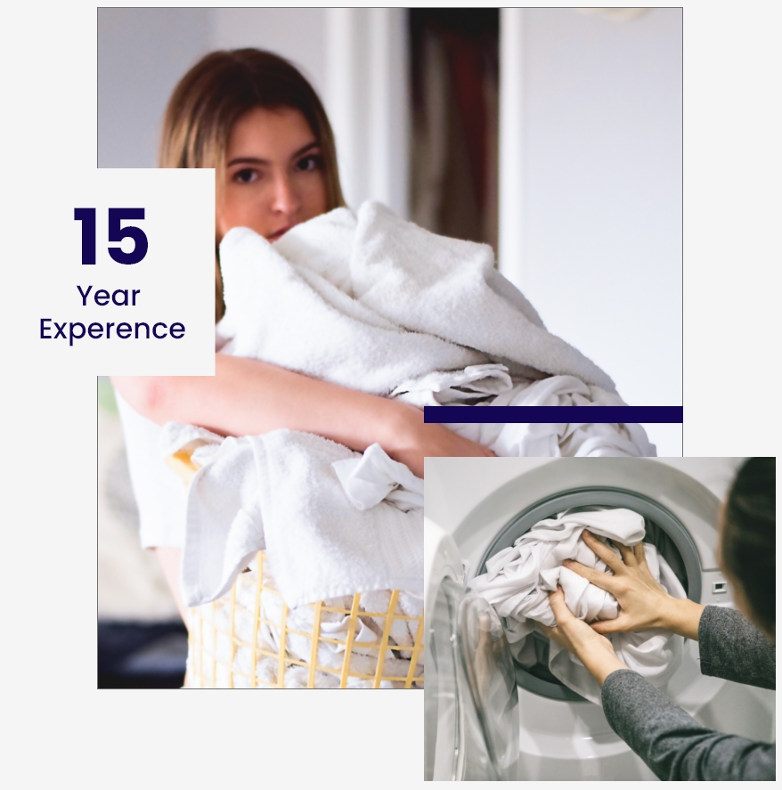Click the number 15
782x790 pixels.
pos(110,236)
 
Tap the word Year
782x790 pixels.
pos(109,296)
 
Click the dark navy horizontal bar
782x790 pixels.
pos(553,415)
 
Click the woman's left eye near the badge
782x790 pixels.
pos(246,175)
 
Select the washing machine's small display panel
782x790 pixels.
pos(720,586)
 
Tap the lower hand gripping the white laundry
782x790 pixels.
pos(580,630)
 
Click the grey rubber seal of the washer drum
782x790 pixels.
pos(675,529)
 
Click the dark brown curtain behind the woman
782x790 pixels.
pos(453,126)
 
